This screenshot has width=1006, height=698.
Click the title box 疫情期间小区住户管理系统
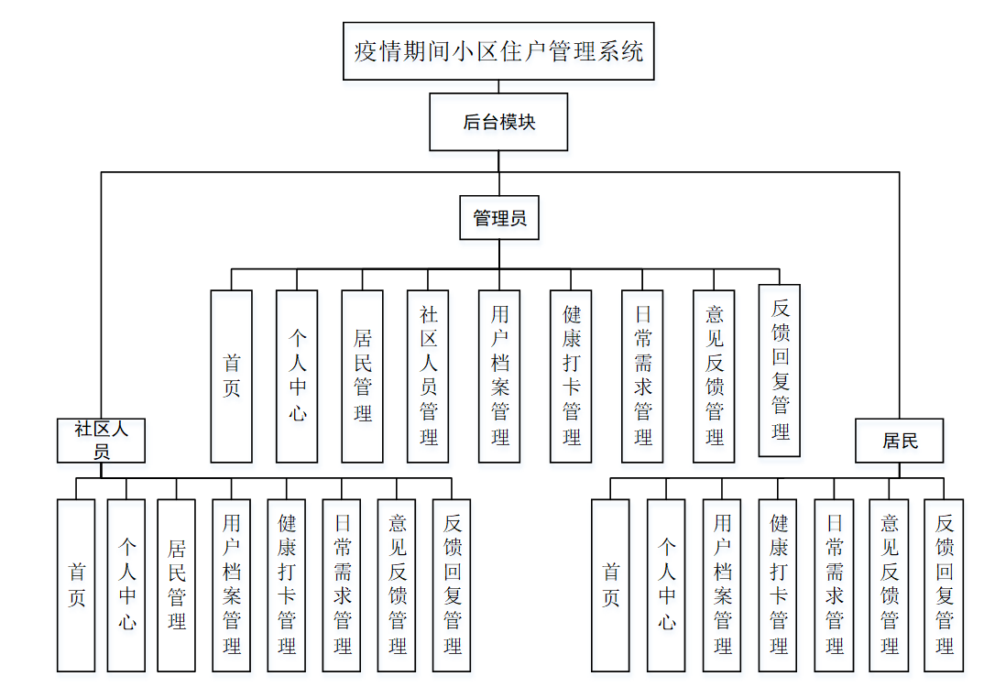498,51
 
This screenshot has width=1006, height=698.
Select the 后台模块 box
498,122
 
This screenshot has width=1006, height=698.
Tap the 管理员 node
499,218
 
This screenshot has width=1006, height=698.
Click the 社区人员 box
102,441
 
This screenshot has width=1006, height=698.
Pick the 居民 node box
900,441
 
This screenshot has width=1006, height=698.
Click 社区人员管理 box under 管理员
429,376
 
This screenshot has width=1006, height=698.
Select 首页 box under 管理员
231,376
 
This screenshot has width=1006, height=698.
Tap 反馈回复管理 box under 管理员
780,370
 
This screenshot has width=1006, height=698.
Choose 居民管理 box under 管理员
362,376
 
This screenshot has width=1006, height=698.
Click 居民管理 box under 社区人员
176,584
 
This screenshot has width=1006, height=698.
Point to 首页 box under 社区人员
76,584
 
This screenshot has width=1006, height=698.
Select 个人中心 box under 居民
666,584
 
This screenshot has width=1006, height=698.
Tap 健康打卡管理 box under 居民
778,584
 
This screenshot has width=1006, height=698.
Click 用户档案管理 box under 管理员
499,376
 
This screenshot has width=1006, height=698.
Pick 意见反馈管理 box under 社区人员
397,584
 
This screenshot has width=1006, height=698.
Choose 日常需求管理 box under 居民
834,584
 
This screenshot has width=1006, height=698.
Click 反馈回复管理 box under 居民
944,584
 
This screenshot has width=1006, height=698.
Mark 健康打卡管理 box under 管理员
572,376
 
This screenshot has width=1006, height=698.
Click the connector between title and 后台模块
498,87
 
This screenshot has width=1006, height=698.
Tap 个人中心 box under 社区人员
126,584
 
